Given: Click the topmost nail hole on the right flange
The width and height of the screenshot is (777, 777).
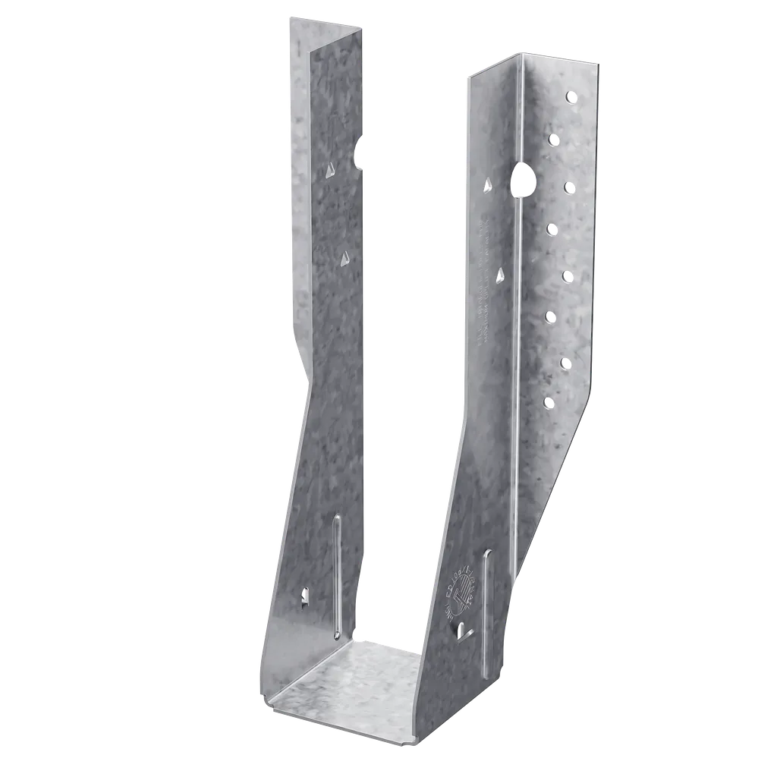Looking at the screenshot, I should point(571,96).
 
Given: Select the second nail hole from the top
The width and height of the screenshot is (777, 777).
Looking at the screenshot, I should point(553,139).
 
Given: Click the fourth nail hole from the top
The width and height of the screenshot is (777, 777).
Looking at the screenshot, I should point(552,226).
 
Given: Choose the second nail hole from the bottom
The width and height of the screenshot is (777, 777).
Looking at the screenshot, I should point(567,361).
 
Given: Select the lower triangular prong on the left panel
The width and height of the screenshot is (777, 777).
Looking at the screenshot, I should point(342,260).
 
